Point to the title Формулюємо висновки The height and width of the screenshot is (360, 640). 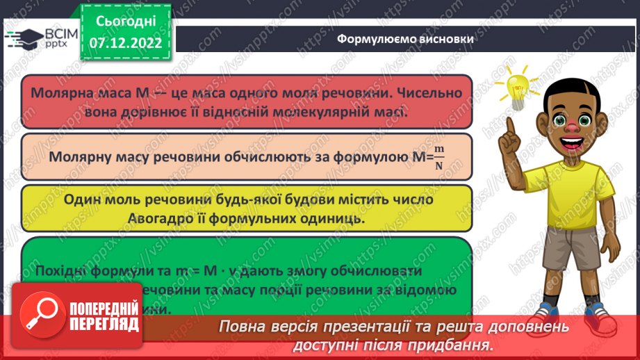coord(405,39)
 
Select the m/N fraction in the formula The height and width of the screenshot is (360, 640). coord(438,158)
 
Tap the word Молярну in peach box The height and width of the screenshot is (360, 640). coord(78,157)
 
